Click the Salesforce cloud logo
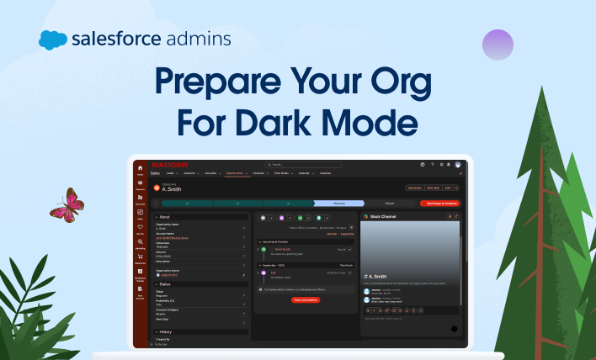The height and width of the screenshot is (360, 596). pos(52,39)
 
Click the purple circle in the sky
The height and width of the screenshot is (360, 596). pos(498,44)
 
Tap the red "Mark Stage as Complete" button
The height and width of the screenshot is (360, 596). pos(439,204)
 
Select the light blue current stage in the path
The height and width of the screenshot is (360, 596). pos(338,204)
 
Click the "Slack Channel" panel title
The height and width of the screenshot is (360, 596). pos(383,216)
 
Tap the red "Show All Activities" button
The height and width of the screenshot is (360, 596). pos(306,299)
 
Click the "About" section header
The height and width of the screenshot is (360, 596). pos(165,217)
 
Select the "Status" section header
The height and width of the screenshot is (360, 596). pos(166,285)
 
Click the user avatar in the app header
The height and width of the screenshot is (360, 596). pos(458,164)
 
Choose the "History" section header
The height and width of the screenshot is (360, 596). pos(166,332)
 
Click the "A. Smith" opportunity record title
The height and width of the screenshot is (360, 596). pos(172,189)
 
